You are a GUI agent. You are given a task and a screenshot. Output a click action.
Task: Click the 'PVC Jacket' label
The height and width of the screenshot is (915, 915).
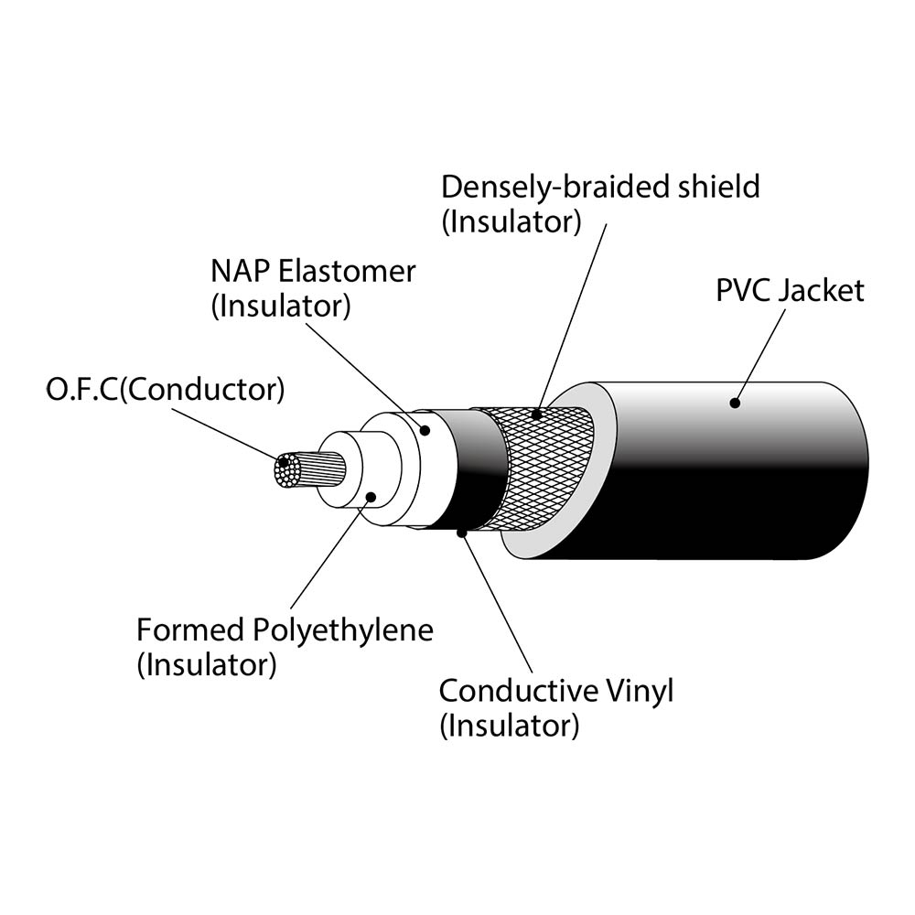789,291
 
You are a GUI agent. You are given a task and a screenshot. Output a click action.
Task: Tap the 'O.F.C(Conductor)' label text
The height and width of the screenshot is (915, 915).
165,390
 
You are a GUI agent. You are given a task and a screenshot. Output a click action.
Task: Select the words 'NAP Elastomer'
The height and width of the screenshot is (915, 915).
313,272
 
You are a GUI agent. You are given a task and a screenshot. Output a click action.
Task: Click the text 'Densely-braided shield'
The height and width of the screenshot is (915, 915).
600,187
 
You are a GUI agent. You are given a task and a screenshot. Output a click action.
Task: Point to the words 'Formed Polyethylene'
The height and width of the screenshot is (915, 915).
284,630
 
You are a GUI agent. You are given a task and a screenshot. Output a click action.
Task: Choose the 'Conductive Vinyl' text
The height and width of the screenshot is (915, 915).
555,690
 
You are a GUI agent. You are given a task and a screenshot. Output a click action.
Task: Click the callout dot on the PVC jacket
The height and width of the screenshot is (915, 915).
734,401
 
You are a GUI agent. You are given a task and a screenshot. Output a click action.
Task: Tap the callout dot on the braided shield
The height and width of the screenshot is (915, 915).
539,414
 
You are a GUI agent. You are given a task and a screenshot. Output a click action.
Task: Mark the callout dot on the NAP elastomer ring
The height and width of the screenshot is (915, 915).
425,429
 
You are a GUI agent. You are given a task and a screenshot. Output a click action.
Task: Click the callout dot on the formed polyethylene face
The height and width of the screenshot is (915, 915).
371,497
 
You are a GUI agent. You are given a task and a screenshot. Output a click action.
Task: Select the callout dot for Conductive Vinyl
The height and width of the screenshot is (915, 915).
463,532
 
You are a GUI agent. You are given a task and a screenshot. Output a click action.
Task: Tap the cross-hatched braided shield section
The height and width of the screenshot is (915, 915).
540,467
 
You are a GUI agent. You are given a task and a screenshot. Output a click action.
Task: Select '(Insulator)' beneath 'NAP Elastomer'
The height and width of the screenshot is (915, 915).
280,307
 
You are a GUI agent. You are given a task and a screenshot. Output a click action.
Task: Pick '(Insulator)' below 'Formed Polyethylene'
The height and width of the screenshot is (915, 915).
206,665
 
